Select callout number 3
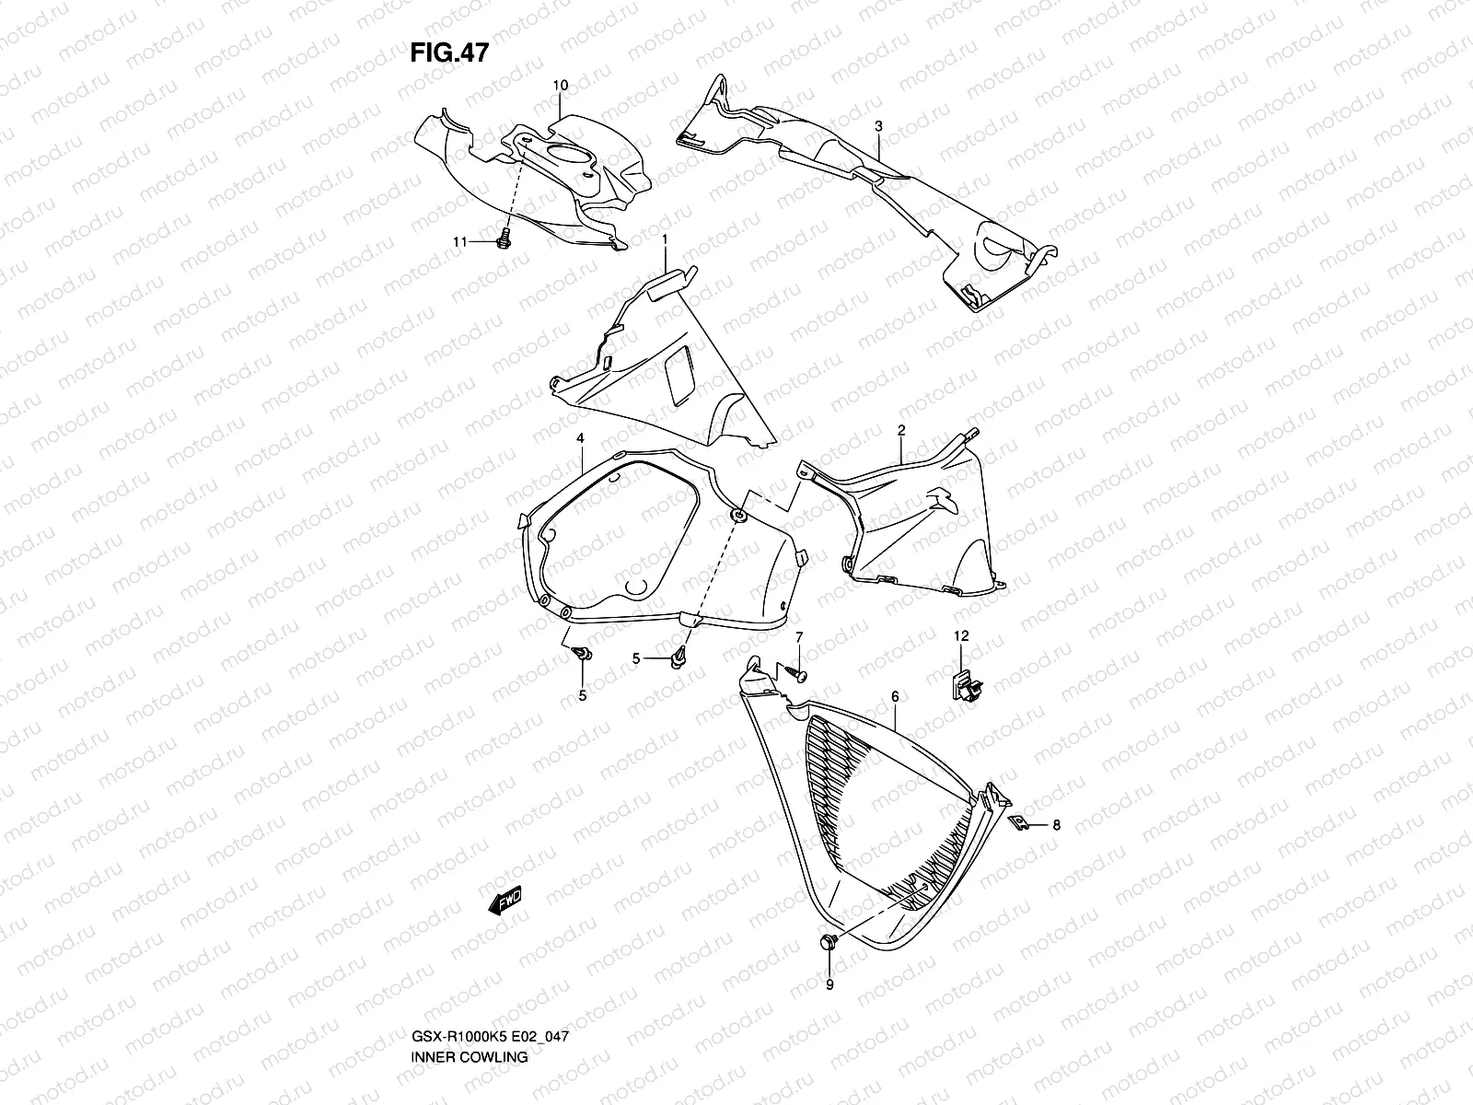click(878, 125)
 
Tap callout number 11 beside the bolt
click(458, 241)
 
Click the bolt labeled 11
click(503, 241)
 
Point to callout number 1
click(664, 238)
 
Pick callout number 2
click(901, 430)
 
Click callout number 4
click(581, 439)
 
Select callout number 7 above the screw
click(799, 637)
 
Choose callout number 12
click(961, 636)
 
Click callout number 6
click(894, 698)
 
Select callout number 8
click(1056, 825)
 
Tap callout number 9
click(829, 985)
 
